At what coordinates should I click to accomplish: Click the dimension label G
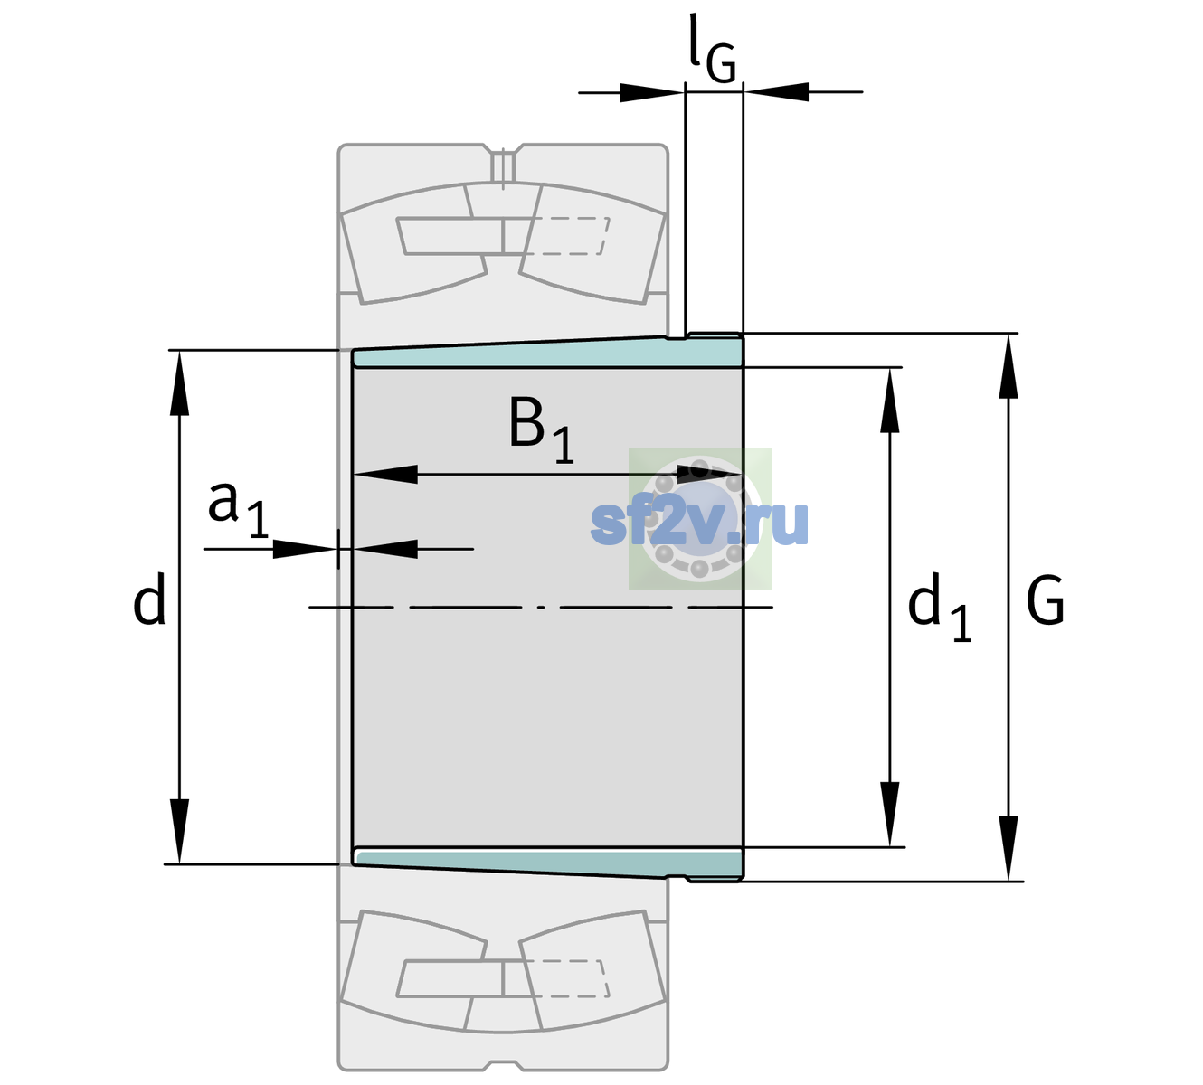coord(1046,600)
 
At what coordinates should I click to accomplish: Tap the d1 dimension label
coord(939,608)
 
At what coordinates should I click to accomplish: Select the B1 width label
coord(541,429)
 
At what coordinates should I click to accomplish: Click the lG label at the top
coord(712,49)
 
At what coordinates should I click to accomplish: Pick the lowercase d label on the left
coord(148,599)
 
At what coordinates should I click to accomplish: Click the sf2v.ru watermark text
coord(699,522)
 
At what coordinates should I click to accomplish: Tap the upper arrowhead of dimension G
coord(1009,366)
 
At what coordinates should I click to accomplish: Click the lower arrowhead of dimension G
coord(1009,848)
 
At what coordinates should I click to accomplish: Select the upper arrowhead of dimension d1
coord(889,401)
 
